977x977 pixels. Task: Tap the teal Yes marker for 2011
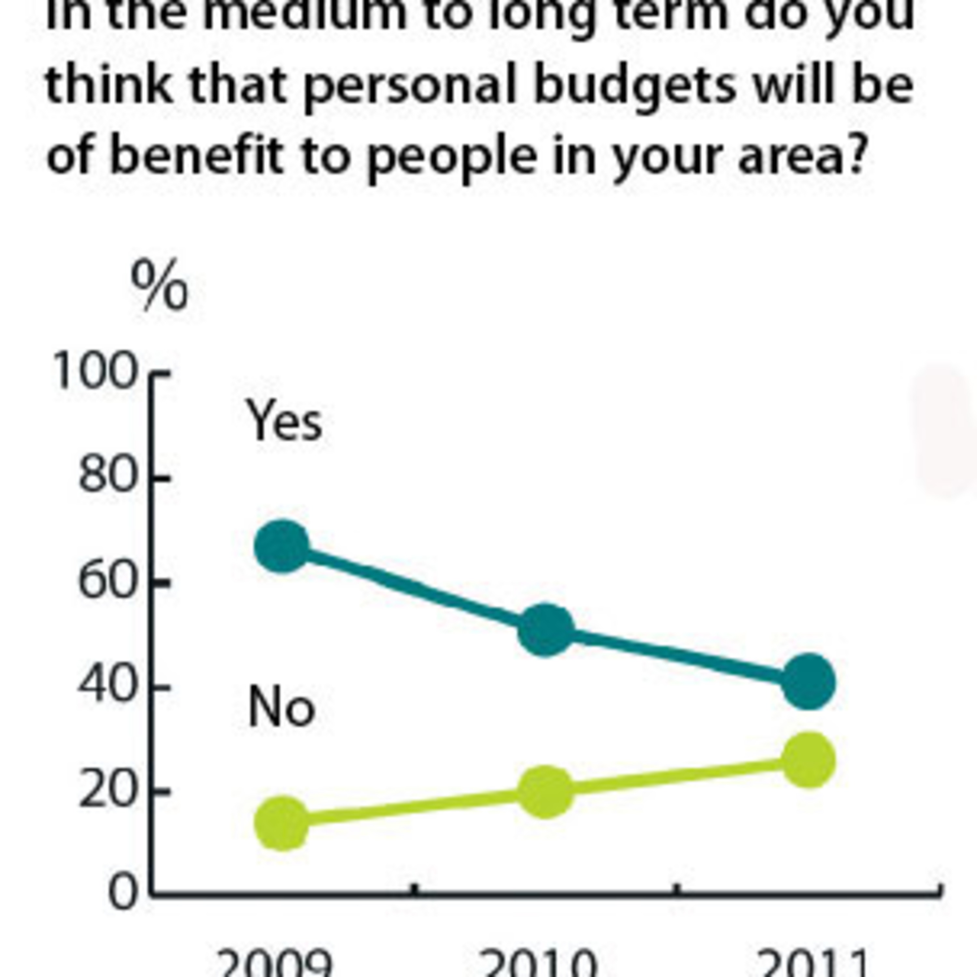click(809, 682)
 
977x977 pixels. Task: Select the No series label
click(282, 707)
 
